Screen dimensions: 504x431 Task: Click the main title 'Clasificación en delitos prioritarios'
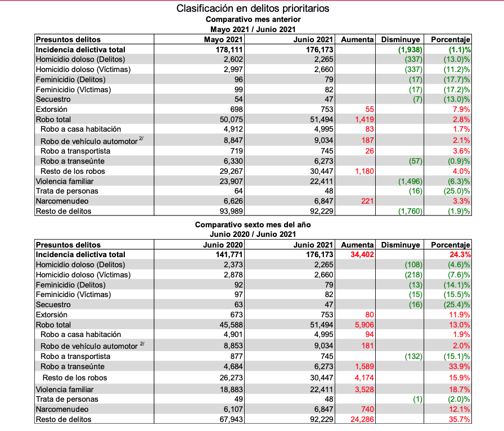click(x=253, y=8)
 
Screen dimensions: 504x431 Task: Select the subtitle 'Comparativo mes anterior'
click(x=253, y=19)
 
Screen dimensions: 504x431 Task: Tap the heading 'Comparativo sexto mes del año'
click(x=253, y=225)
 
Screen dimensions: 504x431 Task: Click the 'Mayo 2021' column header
click(x=223, y=39)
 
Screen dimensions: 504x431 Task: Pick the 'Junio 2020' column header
click(x=223, y=245)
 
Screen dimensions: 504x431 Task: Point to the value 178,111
click(x=229, y=50)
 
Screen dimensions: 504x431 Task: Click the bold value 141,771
click(x=229, y=255)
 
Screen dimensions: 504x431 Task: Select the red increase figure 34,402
click(x=362, y=255)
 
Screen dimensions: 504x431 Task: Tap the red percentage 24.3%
click(x=460, y=255)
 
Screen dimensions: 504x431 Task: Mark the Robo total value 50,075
click(x=231, y=119)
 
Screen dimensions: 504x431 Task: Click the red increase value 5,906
click(x=364, y=325)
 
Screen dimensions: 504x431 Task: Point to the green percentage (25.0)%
click(x=457, y=191)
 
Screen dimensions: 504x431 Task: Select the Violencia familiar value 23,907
click(x=231, y=181)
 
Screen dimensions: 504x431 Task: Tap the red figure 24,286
click(x=362, y=419)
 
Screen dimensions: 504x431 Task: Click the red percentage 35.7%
click(x=460, y=419)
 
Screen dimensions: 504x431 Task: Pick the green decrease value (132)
click(x=413, y=356)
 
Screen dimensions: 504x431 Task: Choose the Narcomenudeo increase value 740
click(x=367, y=409)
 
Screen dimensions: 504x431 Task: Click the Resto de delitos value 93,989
click(x=231, y=212)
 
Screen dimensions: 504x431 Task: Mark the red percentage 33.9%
click(x=460, y=366)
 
